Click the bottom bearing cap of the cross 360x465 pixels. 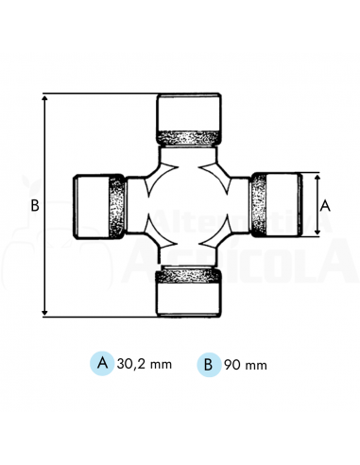point(189,298)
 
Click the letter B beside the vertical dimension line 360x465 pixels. point(33,205)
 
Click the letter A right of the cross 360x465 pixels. point(325,204)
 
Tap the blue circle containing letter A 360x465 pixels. point(101,362)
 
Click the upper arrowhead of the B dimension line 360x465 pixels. point(45,98)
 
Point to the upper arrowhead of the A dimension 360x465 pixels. point(315,178)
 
